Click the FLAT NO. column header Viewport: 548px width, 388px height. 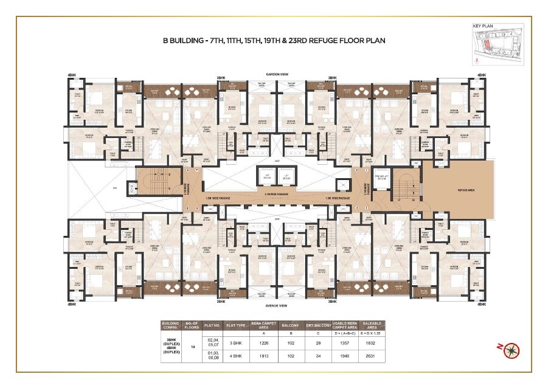[211, 325]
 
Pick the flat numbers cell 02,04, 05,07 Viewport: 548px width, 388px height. [211, 342]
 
